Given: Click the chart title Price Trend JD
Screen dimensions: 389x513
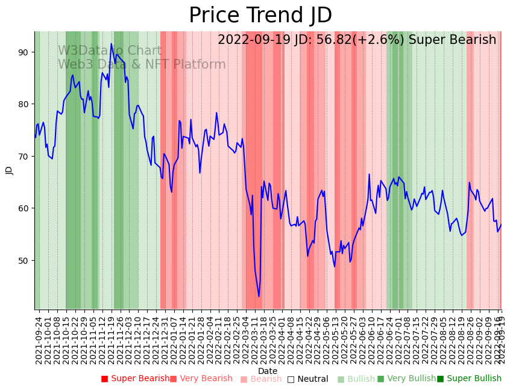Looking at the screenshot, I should [260, 16].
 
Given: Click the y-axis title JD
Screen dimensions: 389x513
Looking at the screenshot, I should [9, 170].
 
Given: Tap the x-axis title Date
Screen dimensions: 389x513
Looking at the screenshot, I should [268, 372].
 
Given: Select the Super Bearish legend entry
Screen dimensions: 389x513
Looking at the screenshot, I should [136, 379].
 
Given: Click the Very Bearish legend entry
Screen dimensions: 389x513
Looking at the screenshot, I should [201, 379].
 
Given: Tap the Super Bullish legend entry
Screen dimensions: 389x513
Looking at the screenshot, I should [469, 379].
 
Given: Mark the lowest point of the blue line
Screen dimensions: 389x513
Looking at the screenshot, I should [259, 296].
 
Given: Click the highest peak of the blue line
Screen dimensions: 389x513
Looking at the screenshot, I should [111, 43].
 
